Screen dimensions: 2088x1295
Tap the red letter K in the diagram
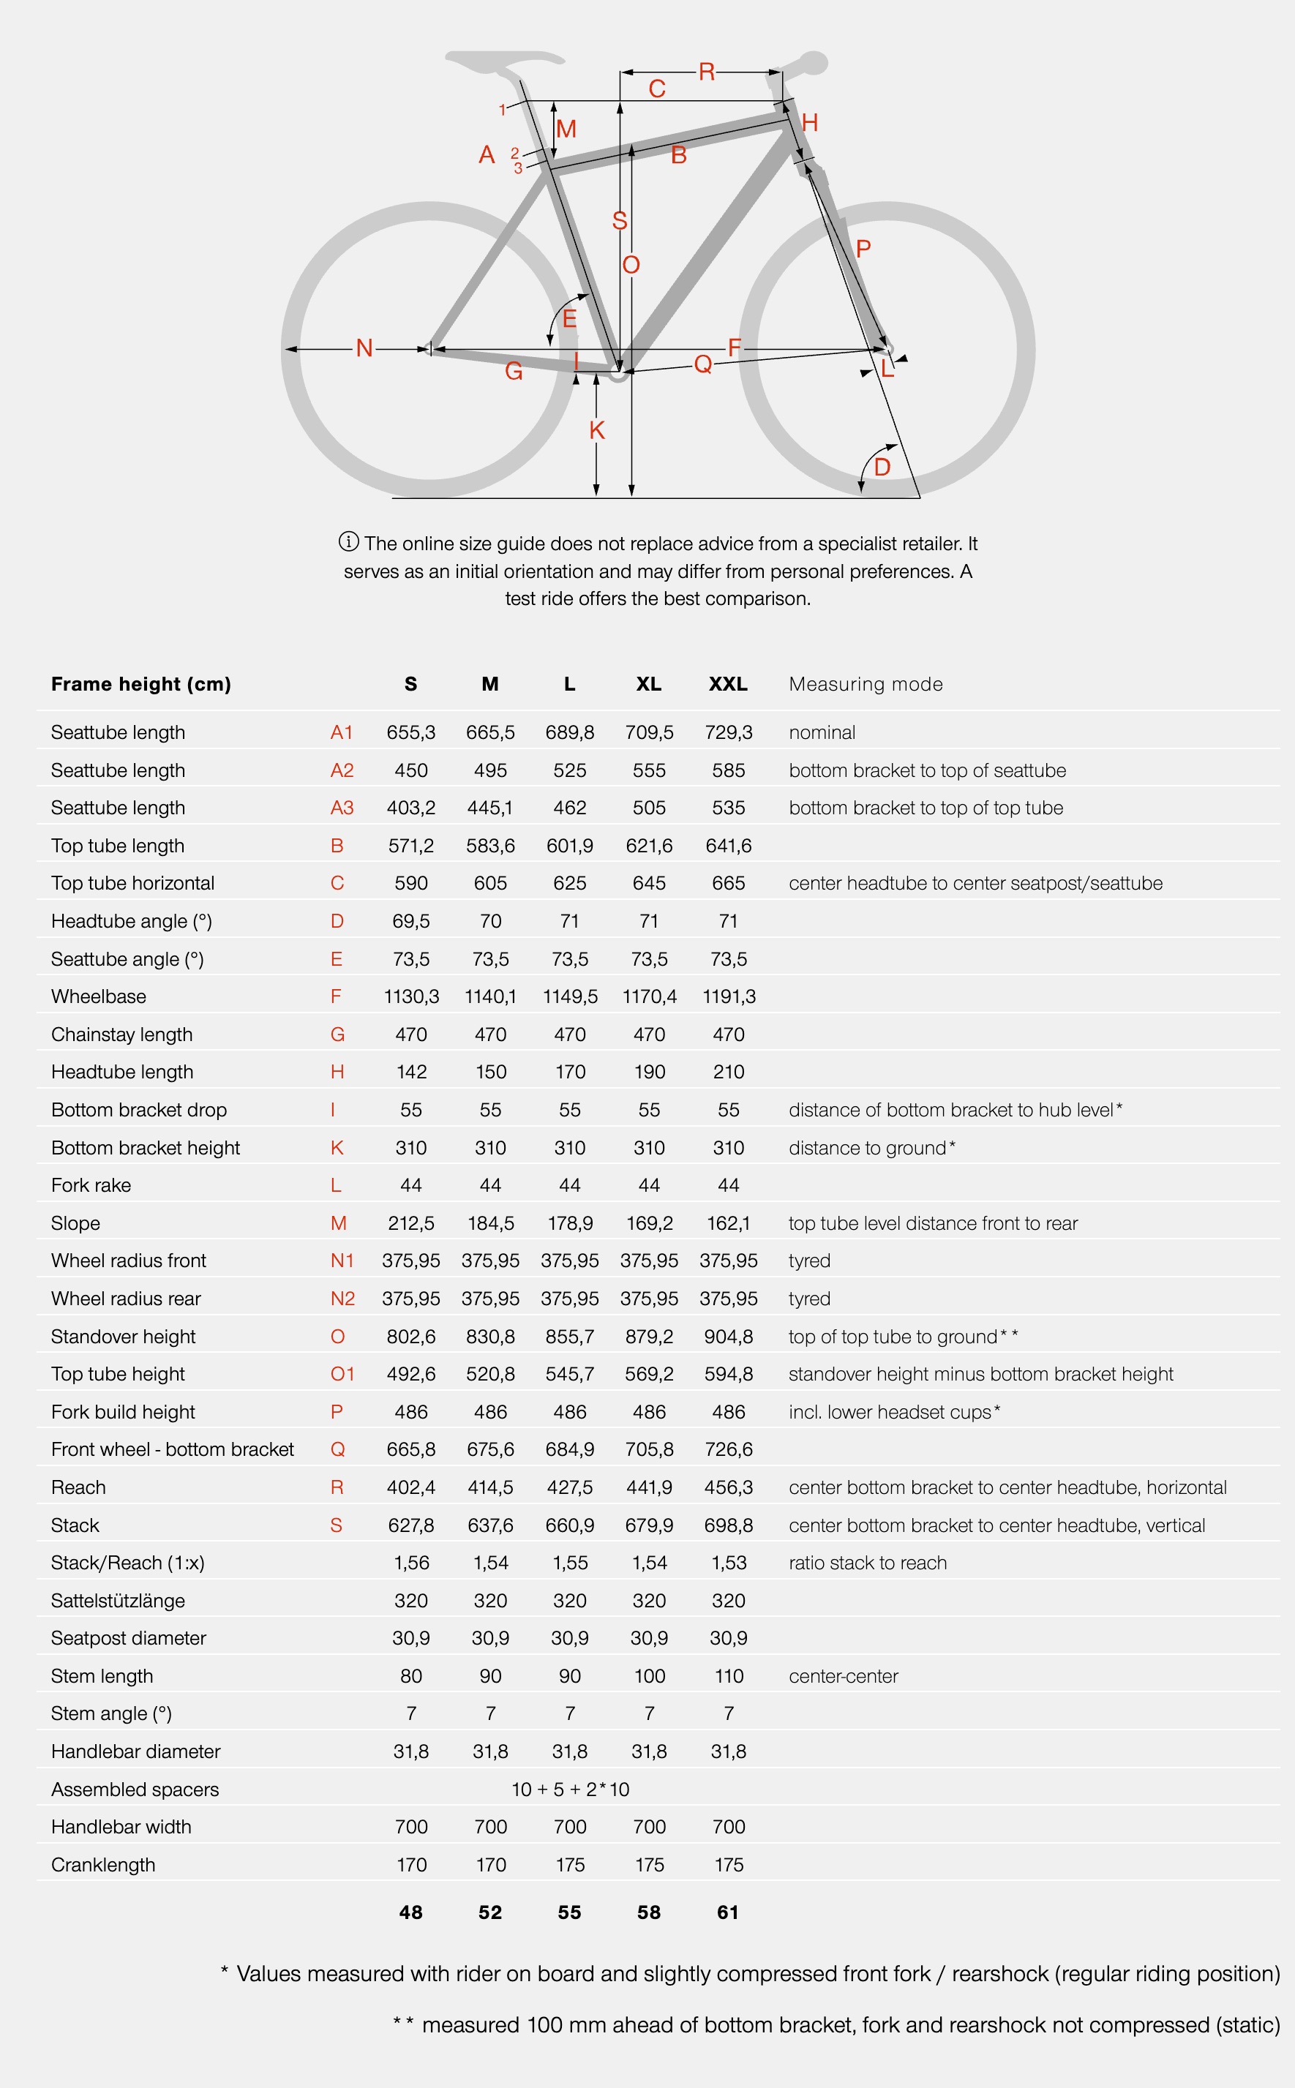(597, 430)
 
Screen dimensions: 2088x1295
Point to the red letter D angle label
(882, 467)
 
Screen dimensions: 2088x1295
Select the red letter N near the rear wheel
(364, 348)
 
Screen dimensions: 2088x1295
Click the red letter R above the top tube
(707, 72)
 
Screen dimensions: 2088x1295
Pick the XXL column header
(728, 683)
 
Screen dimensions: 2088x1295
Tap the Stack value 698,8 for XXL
(728, 1525)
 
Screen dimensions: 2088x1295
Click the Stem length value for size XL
(649, 1675)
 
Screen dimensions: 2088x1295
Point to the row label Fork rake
(91, 1184)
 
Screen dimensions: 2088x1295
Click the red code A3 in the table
(342, 808)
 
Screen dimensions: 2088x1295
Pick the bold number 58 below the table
(648, 1912)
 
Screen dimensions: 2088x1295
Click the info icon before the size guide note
(348, 541)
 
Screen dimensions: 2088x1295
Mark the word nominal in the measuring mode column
(822, 732)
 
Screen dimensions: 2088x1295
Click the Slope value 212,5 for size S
(411, 1223)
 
